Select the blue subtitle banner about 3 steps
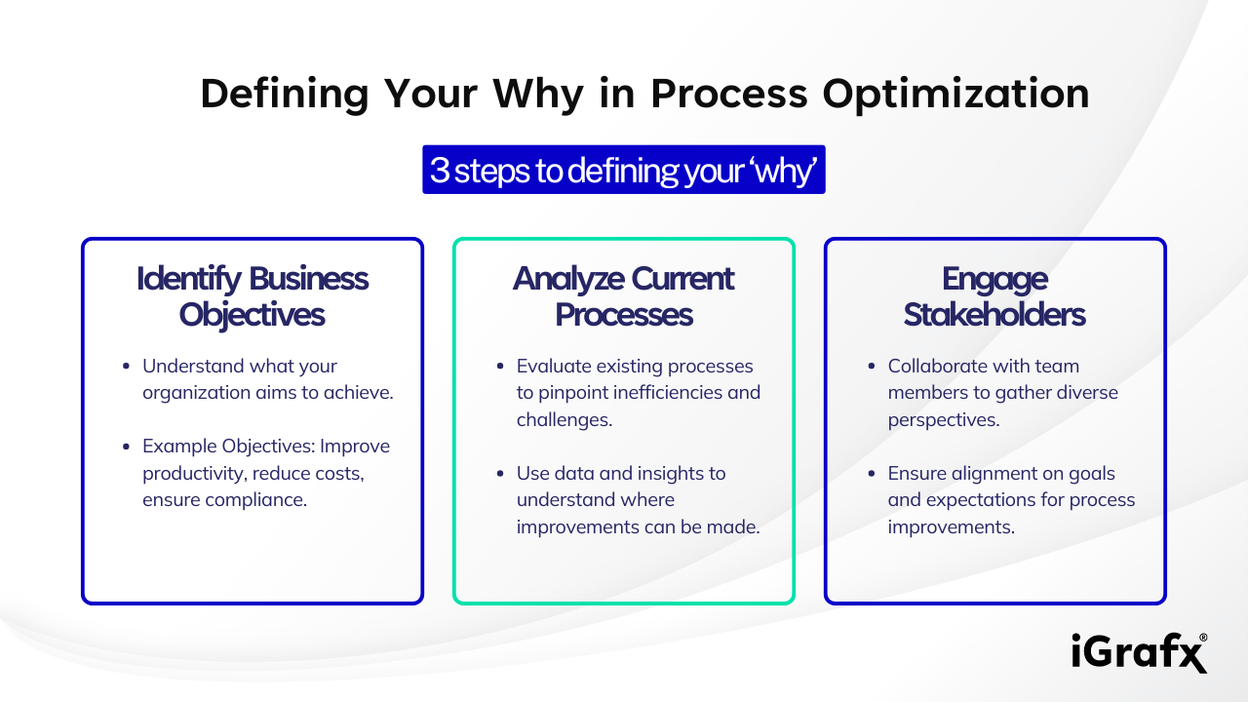click(623, 170)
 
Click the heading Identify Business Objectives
click(253, 296)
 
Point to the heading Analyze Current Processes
click(623, 296)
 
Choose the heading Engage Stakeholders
click(994, 296)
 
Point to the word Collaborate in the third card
click(937, 367)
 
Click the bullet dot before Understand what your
click(126, 367)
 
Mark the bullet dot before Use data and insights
click(500, 473)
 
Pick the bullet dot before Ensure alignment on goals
click(871, 473)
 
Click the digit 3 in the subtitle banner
click(440, 171)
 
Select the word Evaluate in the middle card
click(552, 367)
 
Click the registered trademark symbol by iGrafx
click(1202, 638)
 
